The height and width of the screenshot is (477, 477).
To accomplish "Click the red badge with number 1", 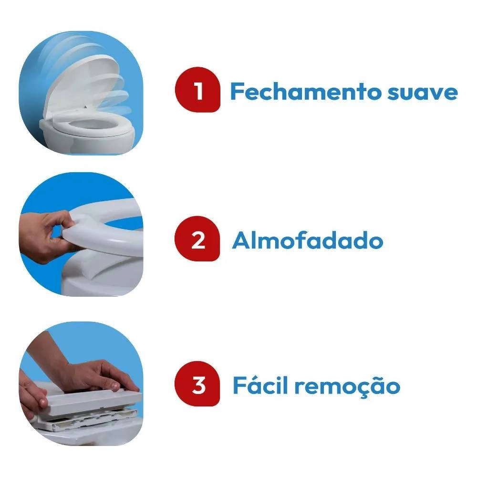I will [197, 91].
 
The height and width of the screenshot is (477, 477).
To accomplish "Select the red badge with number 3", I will [197, 385].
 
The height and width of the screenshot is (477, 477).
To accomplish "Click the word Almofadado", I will [308, 241].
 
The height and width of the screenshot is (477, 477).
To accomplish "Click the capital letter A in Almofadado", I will [241, 241].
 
